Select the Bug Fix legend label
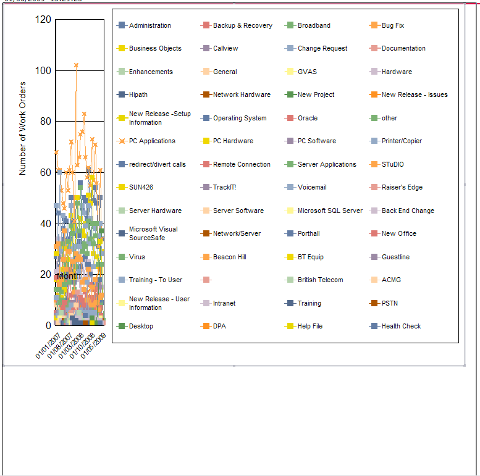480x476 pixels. (392, 25)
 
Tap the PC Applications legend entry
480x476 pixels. (152, 141)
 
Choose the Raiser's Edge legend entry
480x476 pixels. (402, 187)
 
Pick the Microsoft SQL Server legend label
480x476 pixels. (330, 211)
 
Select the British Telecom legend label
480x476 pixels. (320, 280)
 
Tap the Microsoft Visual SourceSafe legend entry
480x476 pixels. (153, 233)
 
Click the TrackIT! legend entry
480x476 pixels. (224, 187)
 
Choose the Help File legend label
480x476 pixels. (310, 326)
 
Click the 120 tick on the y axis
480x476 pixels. (43, 20)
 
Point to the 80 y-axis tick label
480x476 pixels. (46, 122)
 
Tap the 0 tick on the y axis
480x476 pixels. (49, 325)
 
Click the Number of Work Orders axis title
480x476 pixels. (23, 128)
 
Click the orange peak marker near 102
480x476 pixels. (76, 65)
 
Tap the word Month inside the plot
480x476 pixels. (68, 276)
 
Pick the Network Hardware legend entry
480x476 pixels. (242, 94)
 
